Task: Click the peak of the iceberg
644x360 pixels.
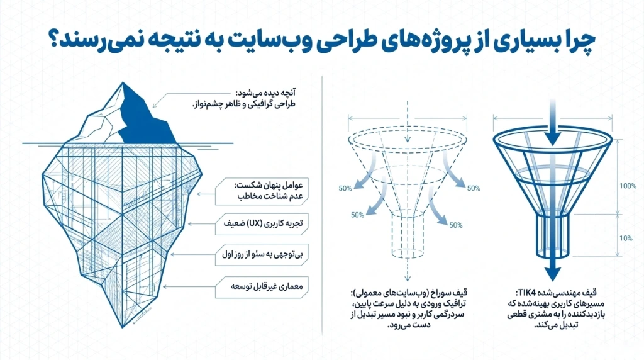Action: point(123,83)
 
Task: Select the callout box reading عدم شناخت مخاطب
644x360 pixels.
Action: point(262,191)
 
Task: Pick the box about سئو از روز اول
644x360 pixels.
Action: point(262,255)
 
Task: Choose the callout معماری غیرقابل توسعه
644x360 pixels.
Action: point(262,287)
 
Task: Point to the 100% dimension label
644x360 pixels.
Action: point(628,186)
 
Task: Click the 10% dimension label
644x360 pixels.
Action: point(626,239)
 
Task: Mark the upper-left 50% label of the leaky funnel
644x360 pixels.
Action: point(345,189)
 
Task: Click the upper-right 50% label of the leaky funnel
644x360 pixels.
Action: point(474,188)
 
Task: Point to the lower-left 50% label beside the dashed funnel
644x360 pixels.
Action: point(357,215)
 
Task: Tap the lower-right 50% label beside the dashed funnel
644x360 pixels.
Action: point(456,225)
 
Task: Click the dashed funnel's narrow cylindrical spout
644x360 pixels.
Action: point(408,235)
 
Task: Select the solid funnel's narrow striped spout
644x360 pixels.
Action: point(553,235)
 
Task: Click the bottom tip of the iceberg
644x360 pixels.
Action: point(123,327)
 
